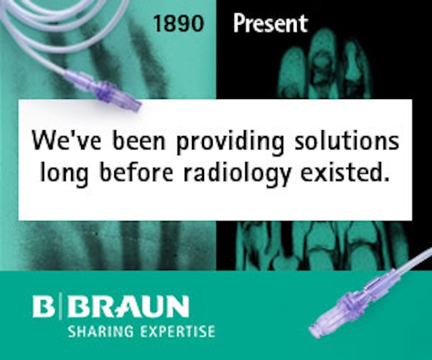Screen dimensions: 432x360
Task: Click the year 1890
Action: (x=179, y=24)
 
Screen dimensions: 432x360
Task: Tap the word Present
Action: (x=270, y=23)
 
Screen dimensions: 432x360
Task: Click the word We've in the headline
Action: (x=66, y=140)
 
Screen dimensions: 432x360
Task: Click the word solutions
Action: (x=346, y=140)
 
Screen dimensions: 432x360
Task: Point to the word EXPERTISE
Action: (x=177, y=331)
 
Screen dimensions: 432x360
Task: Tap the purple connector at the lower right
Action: (x=356, y=304)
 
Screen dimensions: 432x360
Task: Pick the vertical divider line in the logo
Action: (x=61, y=306)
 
